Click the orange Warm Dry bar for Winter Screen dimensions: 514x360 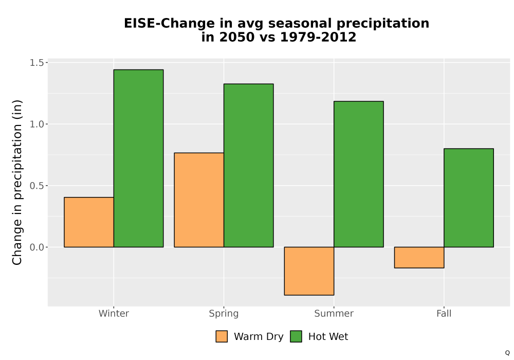tap(89, 222)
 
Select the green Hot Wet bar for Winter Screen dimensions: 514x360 tap(138, 158)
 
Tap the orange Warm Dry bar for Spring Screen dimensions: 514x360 tap(199, 200)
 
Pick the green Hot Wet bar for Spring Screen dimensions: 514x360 tap(248, 165)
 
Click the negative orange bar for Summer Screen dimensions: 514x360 tap(309, 271)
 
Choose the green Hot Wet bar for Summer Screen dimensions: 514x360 tap(359, 174)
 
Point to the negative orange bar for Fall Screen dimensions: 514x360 tap(419, 257)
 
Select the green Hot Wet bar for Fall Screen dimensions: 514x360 tap(469, 197)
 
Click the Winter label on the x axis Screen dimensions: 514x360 tap(114, 313)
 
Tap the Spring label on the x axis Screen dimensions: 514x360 tap(224, 314)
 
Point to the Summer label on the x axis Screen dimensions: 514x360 tap(334, 313)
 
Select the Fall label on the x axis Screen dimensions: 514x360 tap(444, 313)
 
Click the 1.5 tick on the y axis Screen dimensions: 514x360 tap(36, 63)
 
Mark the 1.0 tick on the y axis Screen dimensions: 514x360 tap(36, 124)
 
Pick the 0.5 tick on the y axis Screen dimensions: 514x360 tap(36, 186)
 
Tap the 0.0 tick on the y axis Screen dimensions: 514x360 tap(36, 247)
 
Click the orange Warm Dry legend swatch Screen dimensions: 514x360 tap(222, 336)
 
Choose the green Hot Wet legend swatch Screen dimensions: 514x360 tap(296, 336)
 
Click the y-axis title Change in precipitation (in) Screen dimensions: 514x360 tap(17, 182)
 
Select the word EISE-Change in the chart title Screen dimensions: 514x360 tap(169, 24)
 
